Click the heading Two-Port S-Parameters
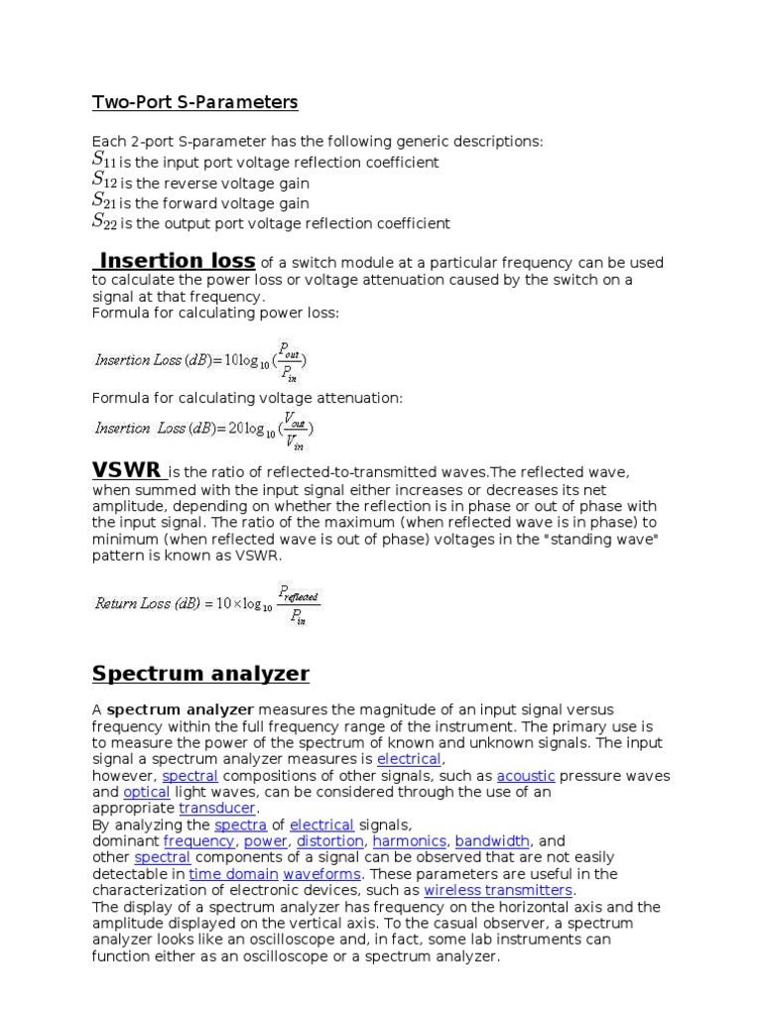coord(194,102)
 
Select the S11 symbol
coord(104,160)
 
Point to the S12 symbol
coord(104,181)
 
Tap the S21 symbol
coord(104,201)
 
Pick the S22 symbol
coord(104,222)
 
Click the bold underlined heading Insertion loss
coord(175,261)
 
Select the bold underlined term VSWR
coord(127,469)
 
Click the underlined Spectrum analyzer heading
coord(200,674)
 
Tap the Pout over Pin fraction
coord(289,358)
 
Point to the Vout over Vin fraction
coord(295,429)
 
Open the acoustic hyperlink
coord(526,775)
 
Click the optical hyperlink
coord(147,792)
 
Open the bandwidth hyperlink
coord(493,840)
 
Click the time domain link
coord(233,874)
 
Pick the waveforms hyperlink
coord(322,874)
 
